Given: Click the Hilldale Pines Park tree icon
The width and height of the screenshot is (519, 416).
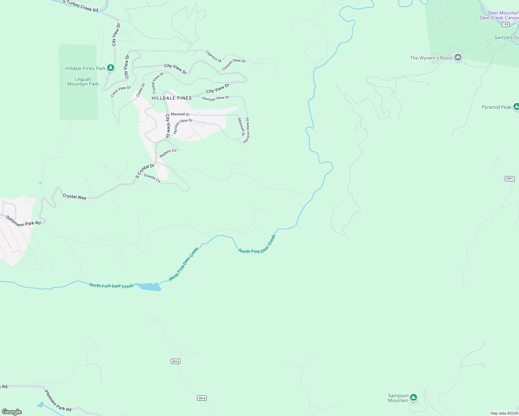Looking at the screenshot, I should click(111, 68).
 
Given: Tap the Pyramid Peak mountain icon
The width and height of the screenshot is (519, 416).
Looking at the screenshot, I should click(516, 107).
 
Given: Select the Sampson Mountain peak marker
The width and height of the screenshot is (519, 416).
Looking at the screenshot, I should click(413, 398).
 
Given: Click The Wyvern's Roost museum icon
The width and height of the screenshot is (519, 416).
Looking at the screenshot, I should click(458, 58).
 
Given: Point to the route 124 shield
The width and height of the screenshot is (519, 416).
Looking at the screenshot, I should click(505, 24).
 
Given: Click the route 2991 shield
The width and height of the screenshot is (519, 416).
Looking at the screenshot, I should click(509, 179).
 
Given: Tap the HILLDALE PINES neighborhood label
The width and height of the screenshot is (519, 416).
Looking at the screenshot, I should click(172, 98).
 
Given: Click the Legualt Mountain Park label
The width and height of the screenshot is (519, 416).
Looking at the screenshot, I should click(83, 82).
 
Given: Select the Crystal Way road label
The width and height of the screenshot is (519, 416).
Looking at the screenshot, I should click(74, 197).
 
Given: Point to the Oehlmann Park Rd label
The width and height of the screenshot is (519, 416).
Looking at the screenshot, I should click(23, 221).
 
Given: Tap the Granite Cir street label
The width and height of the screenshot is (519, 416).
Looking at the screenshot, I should click(152, 178).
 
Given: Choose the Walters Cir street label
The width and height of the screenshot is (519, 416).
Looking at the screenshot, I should click(168, 153).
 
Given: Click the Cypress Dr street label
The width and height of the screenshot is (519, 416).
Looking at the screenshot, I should click(213, 57).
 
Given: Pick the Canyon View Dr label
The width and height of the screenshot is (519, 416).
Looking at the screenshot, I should click(233, 64).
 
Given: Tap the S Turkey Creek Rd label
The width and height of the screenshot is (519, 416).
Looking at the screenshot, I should click(80, 6).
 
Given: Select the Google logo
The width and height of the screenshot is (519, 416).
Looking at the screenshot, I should click(12, 412).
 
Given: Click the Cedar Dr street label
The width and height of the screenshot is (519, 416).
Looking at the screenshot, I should click(141, 90).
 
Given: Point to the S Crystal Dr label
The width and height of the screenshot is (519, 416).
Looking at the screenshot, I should click(145, 171).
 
